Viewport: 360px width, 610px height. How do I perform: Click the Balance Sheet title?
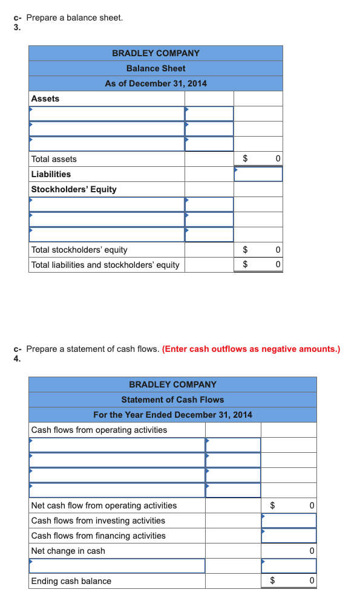[155, 68]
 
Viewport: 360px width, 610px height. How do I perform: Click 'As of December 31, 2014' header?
[155, 83]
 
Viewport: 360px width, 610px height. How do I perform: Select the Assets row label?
[45, 99]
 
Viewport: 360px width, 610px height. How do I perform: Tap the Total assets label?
[54, 159]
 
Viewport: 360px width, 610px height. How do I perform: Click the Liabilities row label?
[51, 174]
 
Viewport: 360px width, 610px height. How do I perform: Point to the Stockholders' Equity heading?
[74, 189]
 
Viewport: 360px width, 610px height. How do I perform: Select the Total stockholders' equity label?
[79, 250]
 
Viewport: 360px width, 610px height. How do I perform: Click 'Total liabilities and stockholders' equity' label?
[105, 265]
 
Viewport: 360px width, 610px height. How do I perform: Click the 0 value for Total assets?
[277, 159]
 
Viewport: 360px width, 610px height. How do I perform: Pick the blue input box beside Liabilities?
[258, 174]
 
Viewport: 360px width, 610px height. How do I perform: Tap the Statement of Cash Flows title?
[172, 400]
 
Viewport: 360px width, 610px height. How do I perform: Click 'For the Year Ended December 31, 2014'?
[172, 415]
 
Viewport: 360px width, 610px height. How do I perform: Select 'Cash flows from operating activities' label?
[99, 430]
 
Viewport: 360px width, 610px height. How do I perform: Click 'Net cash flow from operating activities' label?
[104, 505]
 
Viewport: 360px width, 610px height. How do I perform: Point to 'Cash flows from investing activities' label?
[98, 521]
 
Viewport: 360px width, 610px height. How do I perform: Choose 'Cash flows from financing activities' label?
[98, 536]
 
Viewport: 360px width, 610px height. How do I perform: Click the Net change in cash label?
[68, 551]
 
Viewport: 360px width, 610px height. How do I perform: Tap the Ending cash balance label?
[71, 581]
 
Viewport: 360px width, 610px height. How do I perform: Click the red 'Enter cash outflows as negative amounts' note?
[251, 349]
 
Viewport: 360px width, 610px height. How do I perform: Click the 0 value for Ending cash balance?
[311, 581]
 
